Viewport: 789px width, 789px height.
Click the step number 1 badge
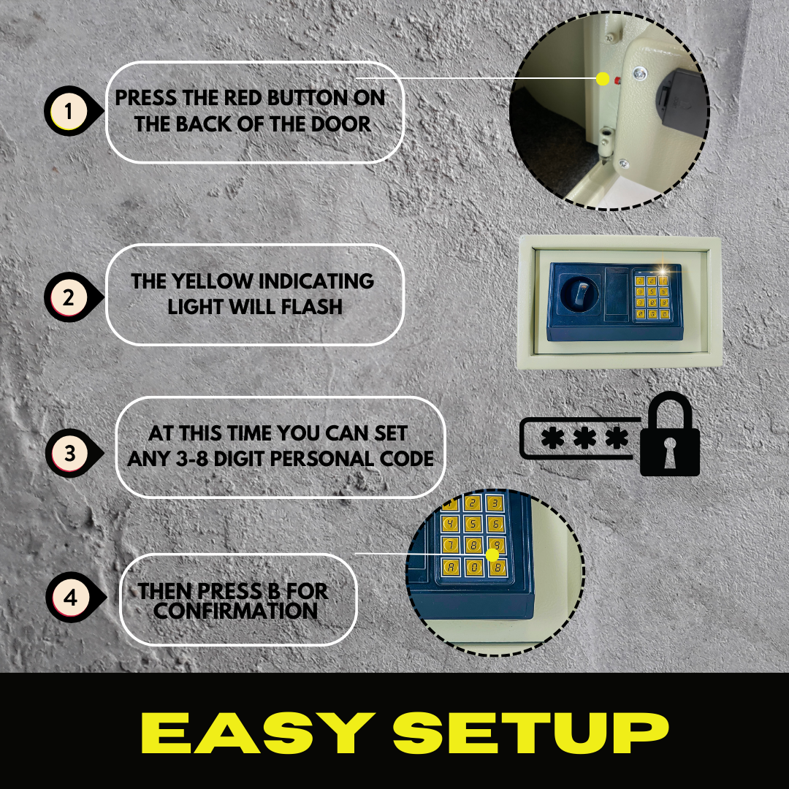(68, 113)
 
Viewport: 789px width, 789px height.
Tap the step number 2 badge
(68, 298)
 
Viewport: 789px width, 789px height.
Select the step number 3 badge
(69, 453)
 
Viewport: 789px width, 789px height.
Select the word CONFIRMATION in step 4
(235, 611)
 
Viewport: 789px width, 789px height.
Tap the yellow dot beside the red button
(603, 79)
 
